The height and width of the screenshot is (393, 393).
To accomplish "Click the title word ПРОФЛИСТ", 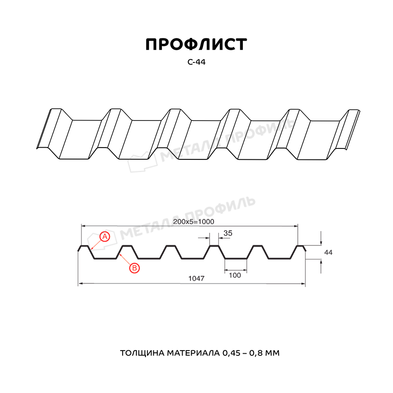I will [x=196, y=45].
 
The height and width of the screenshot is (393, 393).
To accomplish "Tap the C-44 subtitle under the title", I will [x=196, y=62].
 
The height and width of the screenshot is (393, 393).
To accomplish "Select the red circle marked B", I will [x=134, y=268].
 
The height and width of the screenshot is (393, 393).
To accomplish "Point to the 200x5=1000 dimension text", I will [x=193, y=222].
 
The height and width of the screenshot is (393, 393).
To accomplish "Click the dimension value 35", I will [x=228, y=233].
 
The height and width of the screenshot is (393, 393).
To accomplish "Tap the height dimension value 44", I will [x=328, y=252].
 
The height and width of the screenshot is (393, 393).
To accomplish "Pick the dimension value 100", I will [x=235, y=275].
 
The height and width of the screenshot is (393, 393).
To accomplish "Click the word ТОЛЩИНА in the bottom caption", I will [x=141, y=352].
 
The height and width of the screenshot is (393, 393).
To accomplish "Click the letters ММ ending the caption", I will [x=273, y=352].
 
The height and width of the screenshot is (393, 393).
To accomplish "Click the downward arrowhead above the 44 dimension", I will [x=321, y=243].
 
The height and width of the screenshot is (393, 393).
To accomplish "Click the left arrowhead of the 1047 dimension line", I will [x=80, y=284].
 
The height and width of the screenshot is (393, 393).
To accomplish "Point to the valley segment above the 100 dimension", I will [x=236, y=259].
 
